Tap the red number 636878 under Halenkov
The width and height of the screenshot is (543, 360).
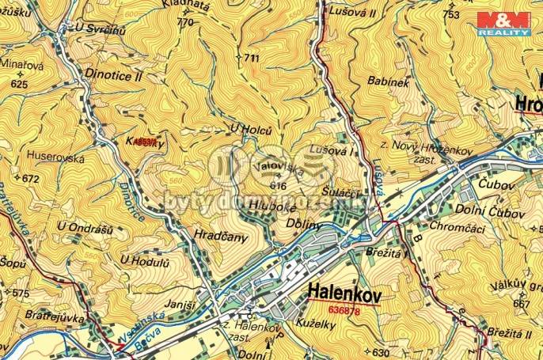click(x=344, y=310)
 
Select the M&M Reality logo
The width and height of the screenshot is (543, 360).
click(x=503, y=23)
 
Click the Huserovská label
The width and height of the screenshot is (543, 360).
click(x=55, y=158)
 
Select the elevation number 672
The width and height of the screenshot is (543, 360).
click(x=30, y=179)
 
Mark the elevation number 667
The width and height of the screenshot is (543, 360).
click(x=522, y=304)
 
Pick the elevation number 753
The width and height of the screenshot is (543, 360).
click(x=452, y=14)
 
